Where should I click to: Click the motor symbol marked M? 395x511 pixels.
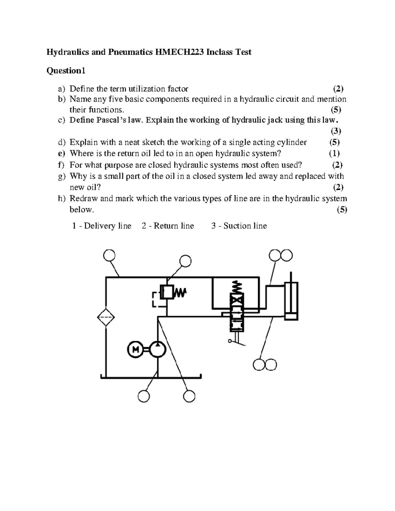pyautogui.click(x=135, y=350)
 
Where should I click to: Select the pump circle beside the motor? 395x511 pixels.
pyautogui.click(x=158, y=349)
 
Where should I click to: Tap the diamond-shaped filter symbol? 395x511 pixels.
pyautogui.click(x=106, y=318)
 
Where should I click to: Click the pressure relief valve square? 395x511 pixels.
pyautogui.click(x=167, y=292)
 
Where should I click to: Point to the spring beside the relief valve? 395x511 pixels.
pyautogui.click(x=180, y=292)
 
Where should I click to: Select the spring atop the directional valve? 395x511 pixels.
pyautogui.click(x=237, y=288)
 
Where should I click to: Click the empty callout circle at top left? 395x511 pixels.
pyautogui.click(x=109, y=255)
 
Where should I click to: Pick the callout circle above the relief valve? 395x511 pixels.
pyautogui.click(x=185, y=261)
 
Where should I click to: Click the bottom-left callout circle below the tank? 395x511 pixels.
pyautogui.click(x=144, y=396)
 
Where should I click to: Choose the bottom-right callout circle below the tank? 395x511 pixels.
pyautogui.click(x=189, y=396)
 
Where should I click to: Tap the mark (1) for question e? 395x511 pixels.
pyautogui.click(x=334, y=153)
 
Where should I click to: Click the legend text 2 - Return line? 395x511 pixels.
pyautogui.click(x=168, y=226)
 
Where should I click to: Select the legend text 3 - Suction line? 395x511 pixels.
pyautogui.click(x=239, y=226)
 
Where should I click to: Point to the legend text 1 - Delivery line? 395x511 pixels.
pyautogui.click(x=102, y=226)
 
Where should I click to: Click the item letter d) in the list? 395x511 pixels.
pyautogui.click(x=62, y=142)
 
